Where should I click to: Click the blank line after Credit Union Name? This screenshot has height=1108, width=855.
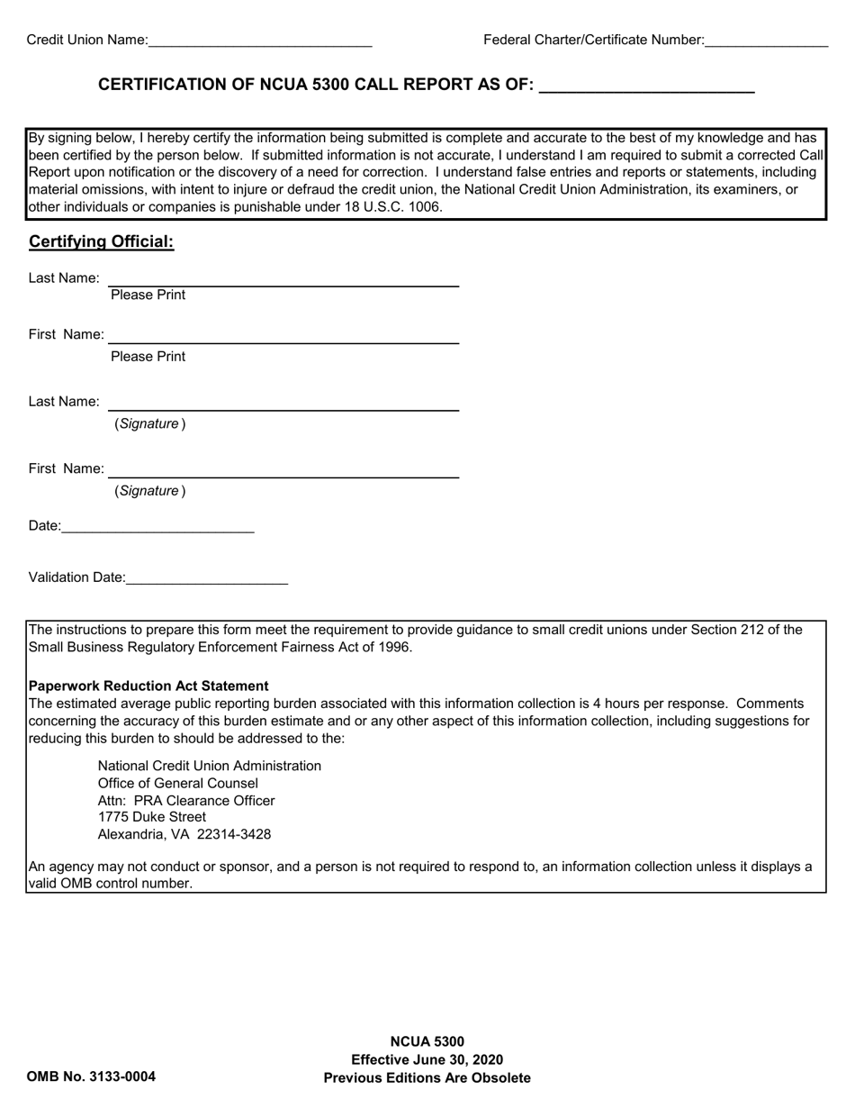pos(260,41)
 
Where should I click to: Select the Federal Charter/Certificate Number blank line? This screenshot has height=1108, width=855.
pos(766,41)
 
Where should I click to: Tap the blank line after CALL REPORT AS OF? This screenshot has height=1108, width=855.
pos(645,86)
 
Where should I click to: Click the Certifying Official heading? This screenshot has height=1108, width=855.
pos(101,241)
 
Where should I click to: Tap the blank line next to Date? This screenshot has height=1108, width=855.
pos(158,527)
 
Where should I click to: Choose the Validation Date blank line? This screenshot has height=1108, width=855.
pos(207,578)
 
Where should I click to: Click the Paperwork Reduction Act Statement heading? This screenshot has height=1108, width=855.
pos(148,686)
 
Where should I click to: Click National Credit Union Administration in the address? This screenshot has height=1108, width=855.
pos(209,766)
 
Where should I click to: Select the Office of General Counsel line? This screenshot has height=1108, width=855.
pos(177,783)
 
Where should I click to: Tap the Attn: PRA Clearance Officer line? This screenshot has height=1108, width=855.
pos(186,800)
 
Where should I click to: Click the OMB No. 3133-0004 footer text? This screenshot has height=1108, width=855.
pos(91,1076)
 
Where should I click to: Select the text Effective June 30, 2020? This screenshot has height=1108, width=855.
pos(427,1059)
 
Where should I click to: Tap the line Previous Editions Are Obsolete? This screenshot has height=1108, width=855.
pos(427,1077)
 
